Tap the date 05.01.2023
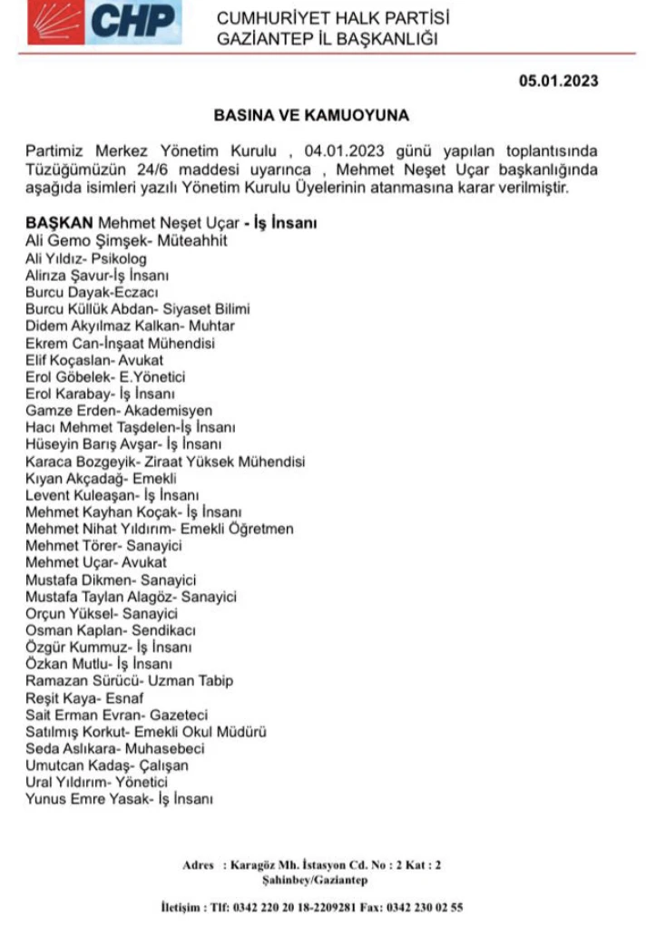pyautogui.click(x=558, y=81)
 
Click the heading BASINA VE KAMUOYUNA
pyautogui.click(x=311, y=116)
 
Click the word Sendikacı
pyautogui.click(x=165, y=629)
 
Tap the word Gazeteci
pyautogui.click(x=179, y=715)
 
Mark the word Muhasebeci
pyautogui.click(x=164, y=748)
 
